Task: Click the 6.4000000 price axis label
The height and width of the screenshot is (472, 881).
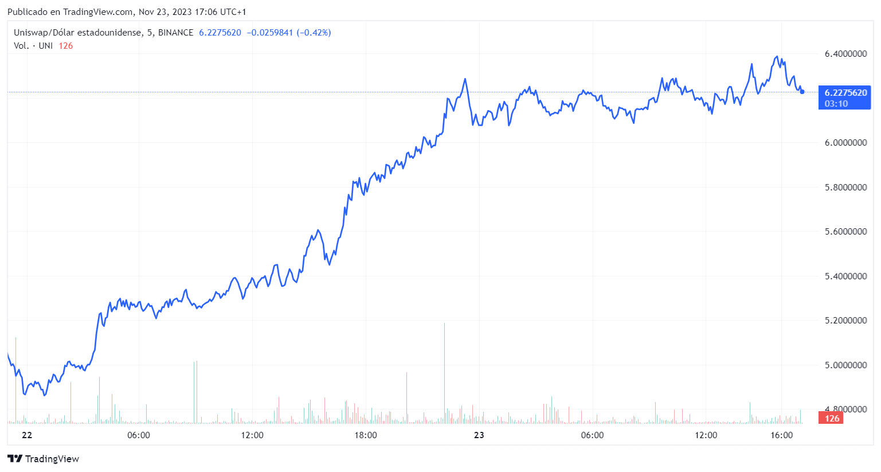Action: tap(845, 54)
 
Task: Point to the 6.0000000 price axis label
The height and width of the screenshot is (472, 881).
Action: tap(845, 143)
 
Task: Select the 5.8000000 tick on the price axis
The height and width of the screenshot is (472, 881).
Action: tap(845, 188)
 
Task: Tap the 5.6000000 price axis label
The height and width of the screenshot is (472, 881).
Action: tap(845, 232)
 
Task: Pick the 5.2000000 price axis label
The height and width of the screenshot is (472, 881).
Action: tap(845, 321)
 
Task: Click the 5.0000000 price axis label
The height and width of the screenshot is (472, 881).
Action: tap(845, 365)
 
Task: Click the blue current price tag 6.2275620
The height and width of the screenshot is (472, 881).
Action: tap(845, 93)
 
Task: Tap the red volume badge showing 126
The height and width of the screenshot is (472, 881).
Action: tap(832, 419)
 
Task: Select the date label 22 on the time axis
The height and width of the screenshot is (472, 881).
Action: tap(27, 435)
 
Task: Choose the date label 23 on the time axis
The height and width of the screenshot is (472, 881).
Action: tap(479, 435)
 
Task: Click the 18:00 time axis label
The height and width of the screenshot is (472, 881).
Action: tap(366, 435)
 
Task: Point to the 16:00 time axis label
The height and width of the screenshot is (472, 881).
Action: tap(781, 435)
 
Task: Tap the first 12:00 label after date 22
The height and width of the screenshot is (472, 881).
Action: tap(252, 435)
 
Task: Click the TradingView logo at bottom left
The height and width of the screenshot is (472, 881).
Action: tap(44, 459)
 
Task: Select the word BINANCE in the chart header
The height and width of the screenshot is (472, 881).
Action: tap(175, 33)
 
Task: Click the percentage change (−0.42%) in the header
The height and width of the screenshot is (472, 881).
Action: tap(313, 33)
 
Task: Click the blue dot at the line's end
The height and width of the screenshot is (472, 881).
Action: tap(802, 92)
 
